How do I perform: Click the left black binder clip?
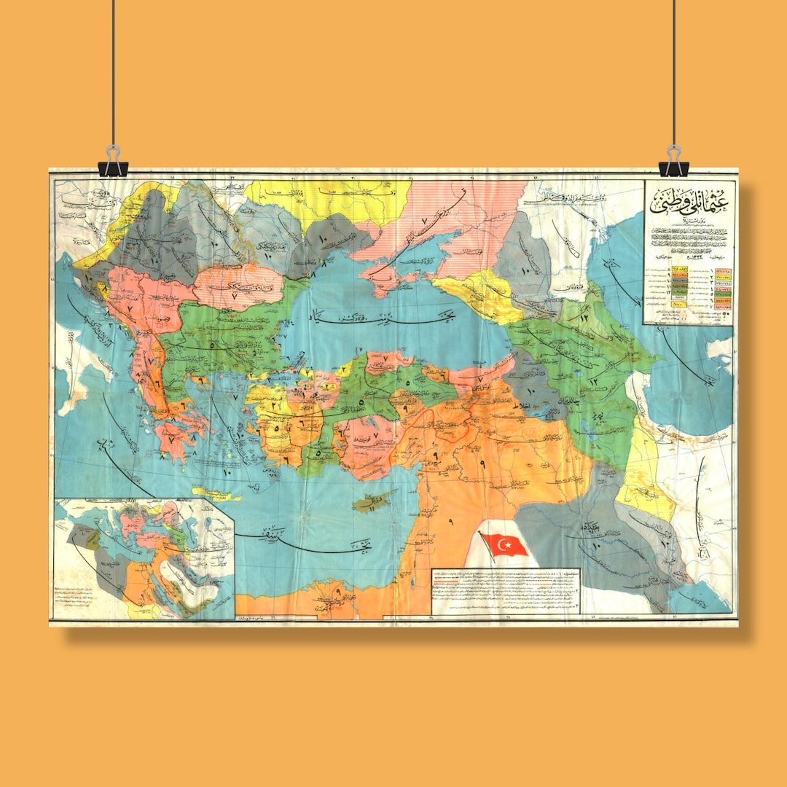tap(112, 165)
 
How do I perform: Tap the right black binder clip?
tap(674, 165)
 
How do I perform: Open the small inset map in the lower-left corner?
tap(144, 557)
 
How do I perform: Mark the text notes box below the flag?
tap(505, 591)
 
